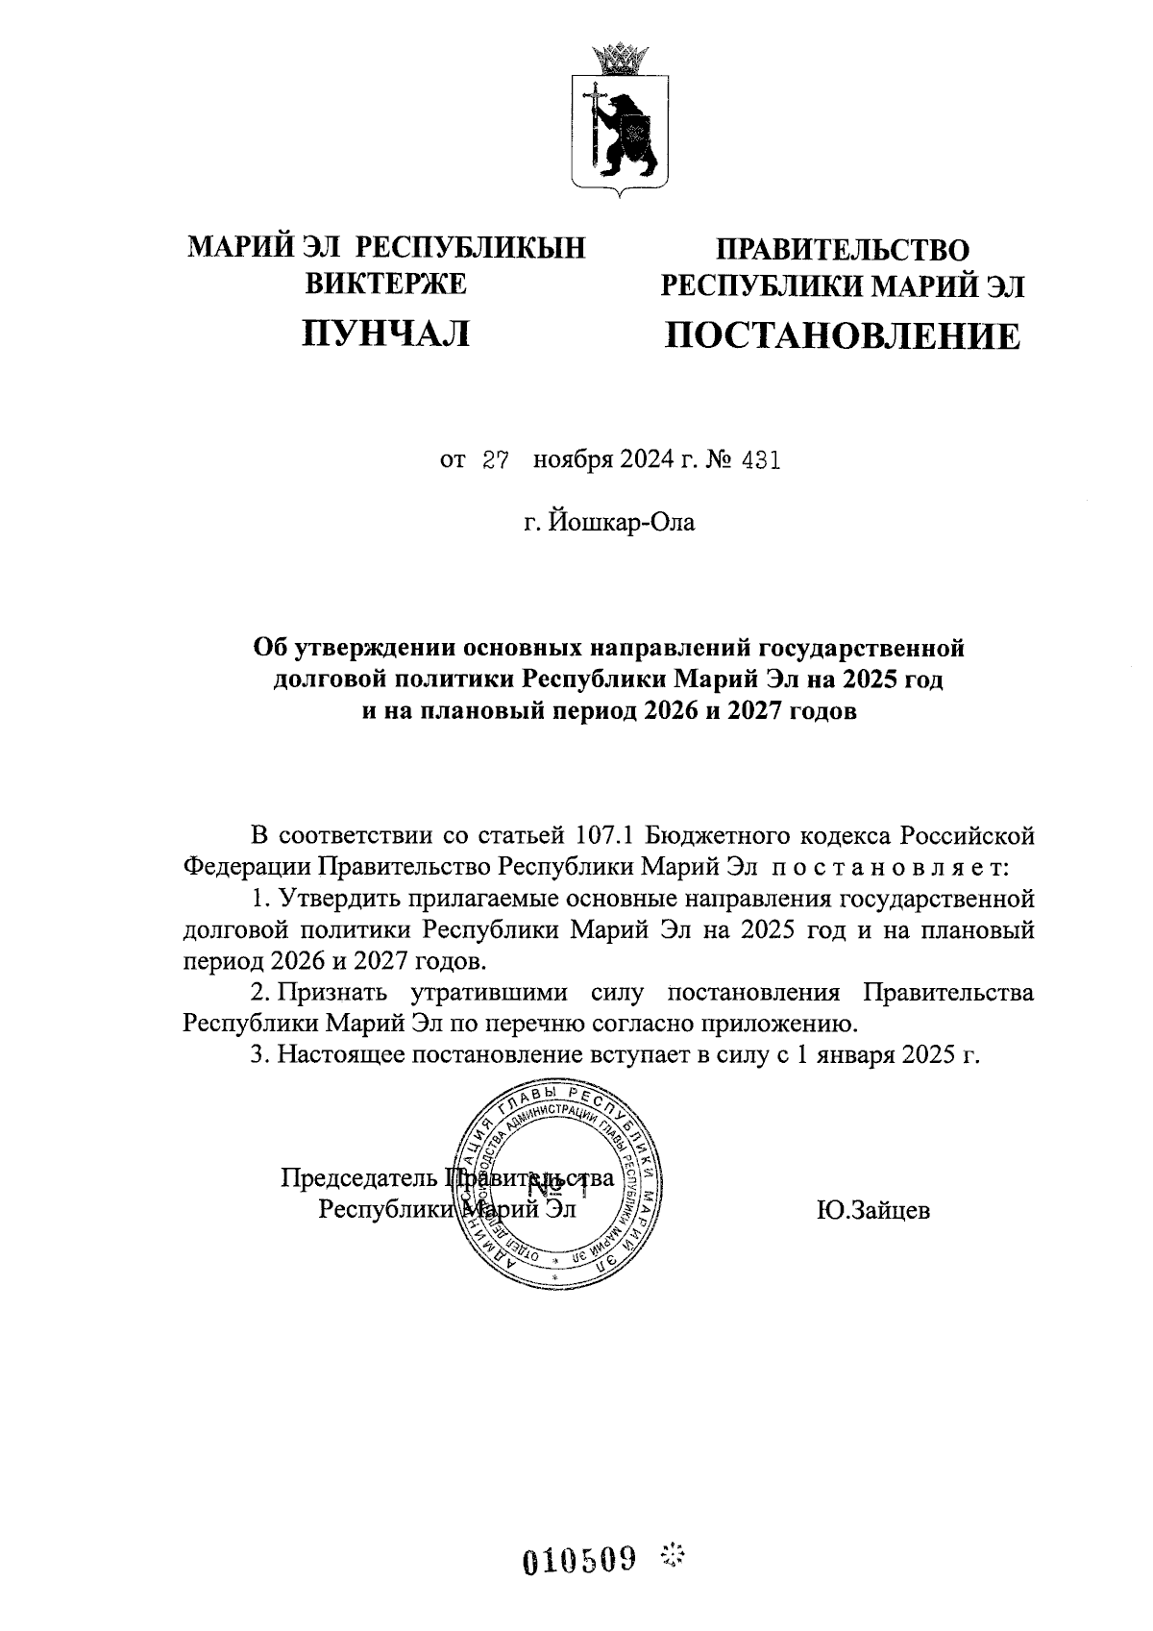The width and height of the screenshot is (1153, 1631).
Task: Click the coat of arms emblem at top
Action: point(621,121)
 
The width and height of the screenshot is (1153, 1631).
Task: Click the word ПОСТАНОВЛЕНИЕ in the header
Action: point(843,336)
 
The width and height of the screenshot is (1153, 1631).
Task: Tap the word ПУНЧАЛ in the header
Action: point(386,333)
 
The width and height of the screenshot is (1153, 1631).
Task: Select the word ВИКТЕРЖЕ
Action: point(385,284)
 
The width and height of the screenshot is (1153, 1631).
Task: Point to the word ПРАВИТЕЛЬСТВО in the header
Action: point(843,251)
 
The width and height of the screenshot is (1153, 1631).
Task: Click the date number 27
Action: point(494,460)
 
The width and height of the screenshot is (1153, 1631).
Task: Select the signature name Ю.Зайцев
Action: point(872,1210)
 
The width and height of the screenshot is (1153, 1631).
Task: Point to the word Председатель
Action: point(360,1177)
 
